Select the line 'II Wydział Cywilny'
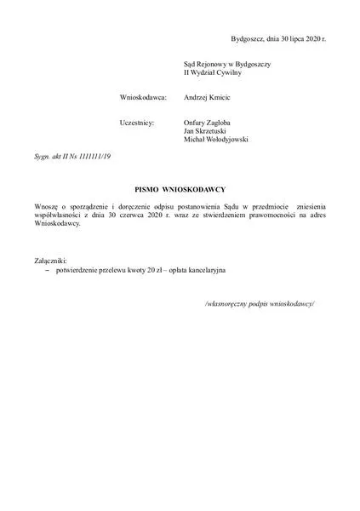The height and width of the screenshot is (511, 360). (213, 73)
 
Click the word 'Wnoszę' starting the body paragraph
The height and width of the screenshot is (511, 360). (49, 206)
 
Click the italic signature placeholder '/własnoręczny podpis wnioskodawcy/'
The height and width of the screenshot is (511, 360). (260, 304)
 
